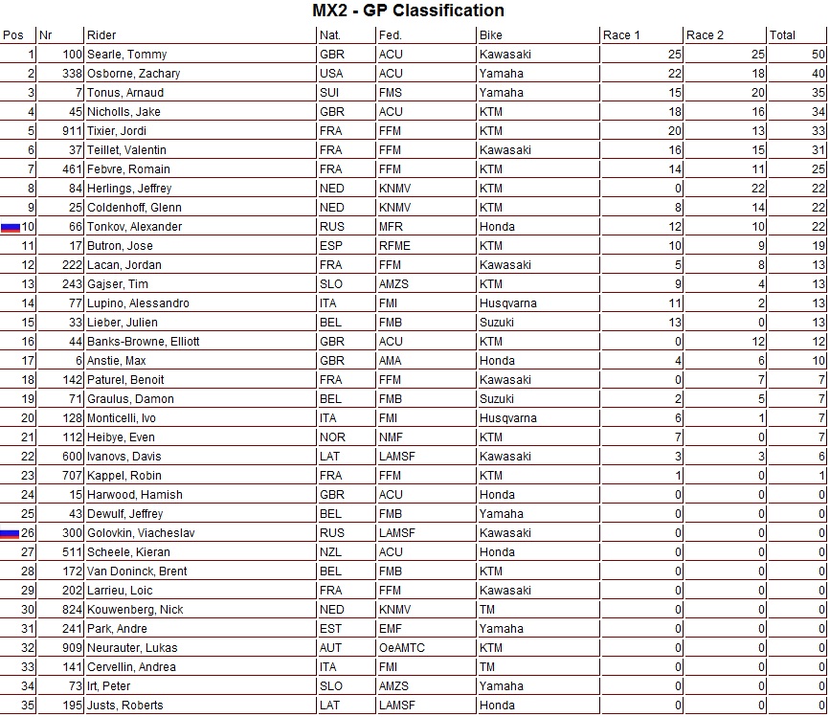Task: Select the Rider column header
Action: click(x=101, y=35)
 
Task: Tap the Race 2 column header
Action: click(x=700, y=35)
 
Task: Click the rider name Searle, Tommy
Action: click(x=126, y=55)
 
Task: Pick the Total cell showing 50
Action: click(x=817, y=55)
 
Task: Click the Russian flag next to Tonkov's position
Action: click(x=10, y=228)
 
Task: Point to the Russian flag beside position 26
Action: click(x=10, y=534)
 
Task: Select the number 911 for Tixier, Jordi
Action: click(x=72, y=131)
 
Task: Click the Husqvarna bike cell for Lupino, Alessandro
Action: click(x=508, y=303)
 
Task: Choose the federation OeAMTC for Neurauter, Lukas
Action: click(x=401, y=648)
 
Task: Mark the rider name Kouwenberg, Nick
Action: click(x=135, y=610)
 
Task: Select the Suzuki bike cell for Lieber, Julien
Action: click(x=497, y=323)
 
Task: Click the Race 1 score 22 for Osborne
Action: click(x=675, y=74)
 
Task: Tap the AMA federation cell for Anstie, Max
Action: click(x=391, y=361)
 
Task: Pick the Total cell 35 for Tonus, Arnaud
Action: click(x=817, y=93)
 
